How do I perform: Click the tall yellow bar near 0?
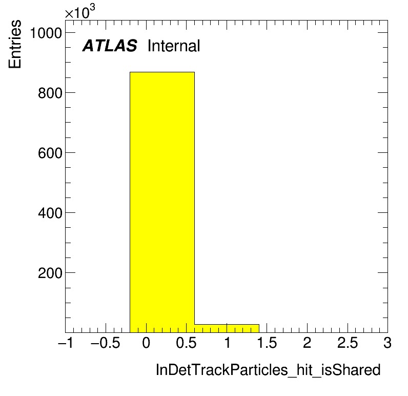click(162, 202)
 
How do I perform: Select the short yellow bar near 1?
click(227, 328)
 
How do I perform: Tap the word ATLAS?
click(110, 46)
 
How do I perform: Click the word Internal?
click(174, 46)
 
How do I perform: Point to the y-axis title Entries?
click(15, 44)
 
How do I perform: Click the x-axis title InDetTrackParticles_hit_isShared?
click(268, 370)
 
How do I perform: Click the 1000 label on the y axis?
click(46, 33)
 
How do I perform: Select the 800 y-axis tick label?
click(50, 93)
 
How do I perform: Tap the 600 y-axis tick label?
click(50, 153)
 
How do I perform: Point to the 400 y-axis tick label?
click(50, 213)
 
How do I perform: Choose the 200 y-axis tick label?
click(50, 273)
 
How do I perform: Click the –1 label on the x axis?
click(66, 343)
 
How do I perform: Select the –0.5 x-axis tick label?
click(106, 343)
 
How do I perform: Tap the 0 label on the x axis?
click(146, 343)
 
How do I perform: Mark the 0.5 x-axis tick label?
click(186, 343)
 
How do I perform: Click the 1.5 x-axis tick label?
click(267, 343)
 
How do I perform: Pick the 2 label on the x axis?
click(307, 343)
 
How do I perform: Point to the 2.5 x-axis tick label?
click(348, 343)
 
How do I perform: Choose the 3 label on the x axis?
click(387, 343)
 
